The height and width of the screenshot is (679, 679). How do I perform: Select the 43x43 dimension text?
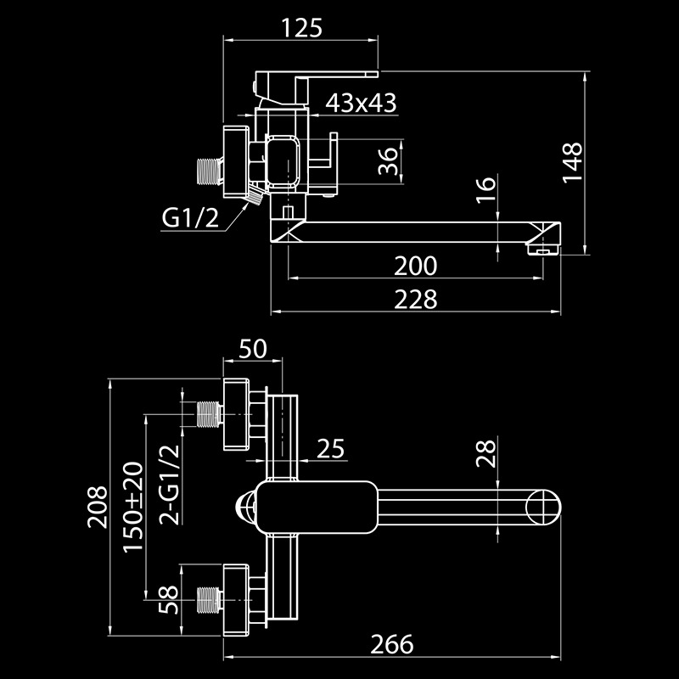[362, 103]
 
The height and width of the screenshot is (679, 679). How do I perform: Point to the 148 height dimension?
[574, 161]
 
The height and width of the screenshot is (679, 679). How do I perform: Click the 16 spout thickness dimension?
[485, 189]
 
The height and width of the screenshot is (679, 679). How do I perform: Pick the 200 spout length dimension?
[415, 266]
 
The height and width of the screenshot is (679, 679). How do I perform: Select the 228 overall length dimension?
[415, 300]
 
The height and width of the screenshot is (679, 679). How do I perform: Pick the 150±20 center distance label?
[133, 508]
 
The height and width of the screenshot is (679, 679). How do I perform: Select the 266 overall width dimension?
[392, 643]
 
